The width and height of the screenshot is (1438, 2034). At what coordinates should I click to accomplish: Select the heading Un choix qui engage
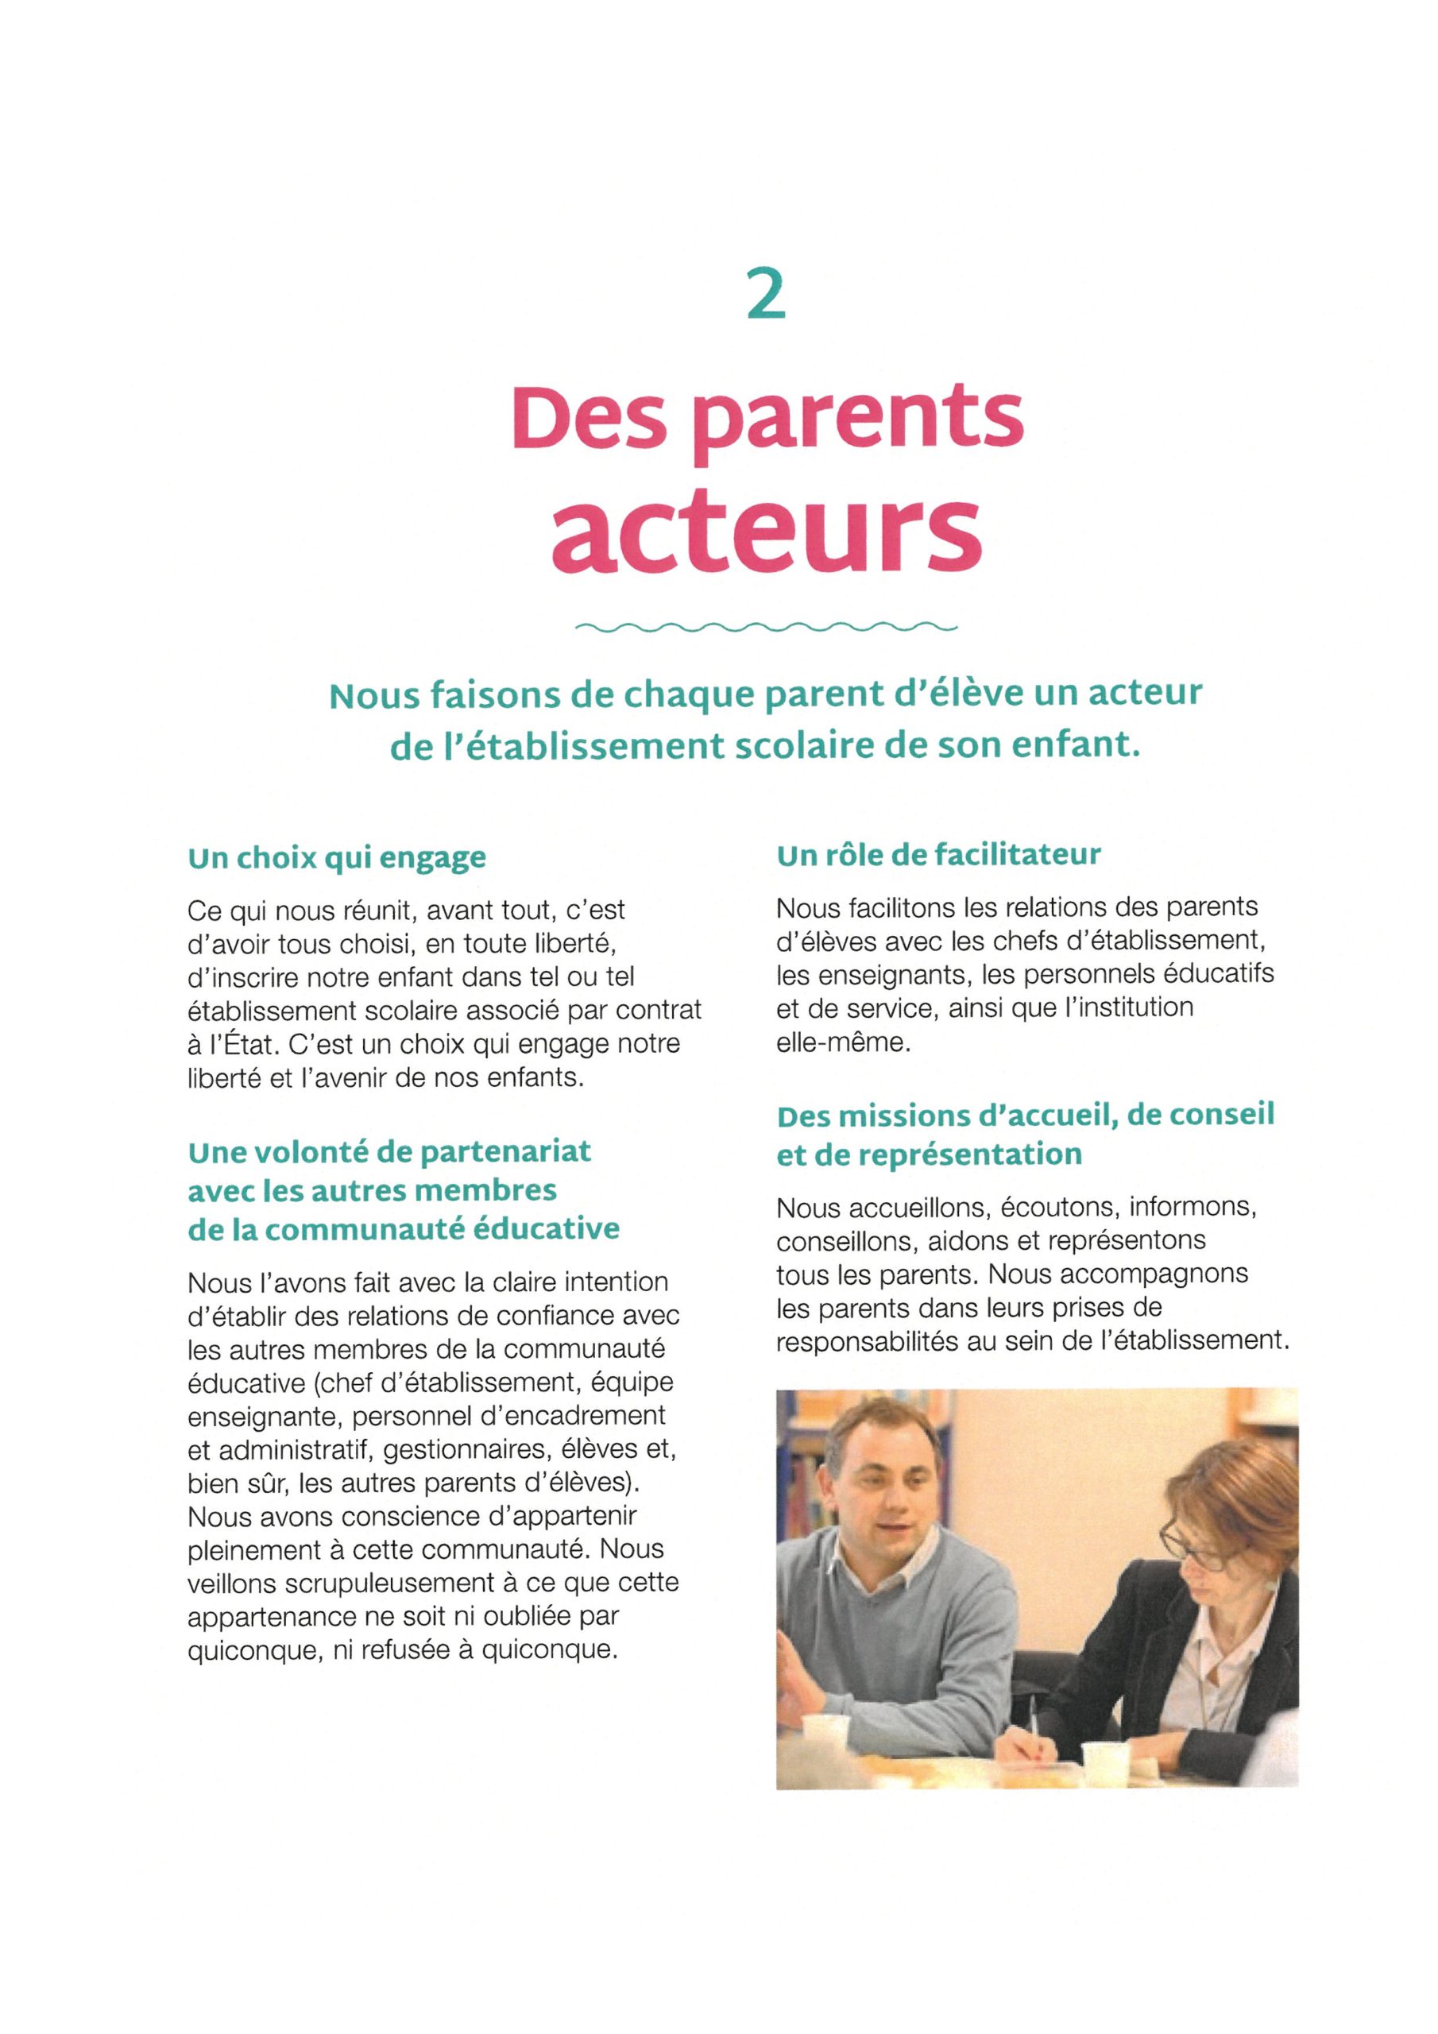(337, 858)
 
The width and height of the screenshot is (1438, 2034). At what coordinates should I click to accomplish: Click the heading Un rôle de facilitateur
(938, 855)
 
